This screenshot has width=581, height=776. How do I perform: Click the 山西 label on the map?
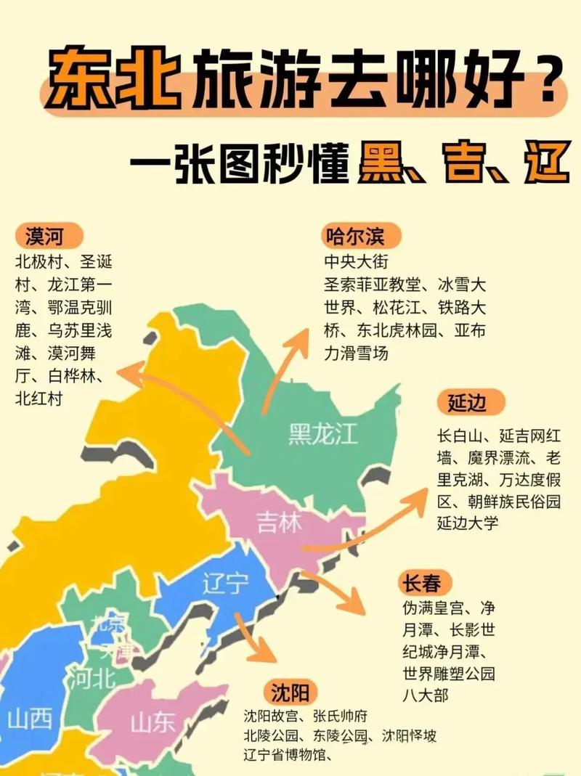30,719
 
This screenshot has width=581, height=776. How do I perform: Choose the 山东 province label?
153,722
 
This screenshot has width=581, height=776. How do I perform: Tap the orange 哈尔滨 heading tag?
354,235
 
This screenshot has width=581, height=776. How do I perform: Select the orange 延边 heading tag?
466,401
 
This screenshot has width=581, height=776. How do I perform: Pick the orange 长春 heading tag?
426,581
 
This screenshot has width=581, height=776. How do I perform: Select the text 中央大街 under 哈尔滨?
357,261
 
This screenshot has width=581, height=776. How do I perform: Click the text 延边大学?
468,522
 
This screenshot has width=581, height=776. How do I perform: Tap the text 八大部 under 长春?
426,695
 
